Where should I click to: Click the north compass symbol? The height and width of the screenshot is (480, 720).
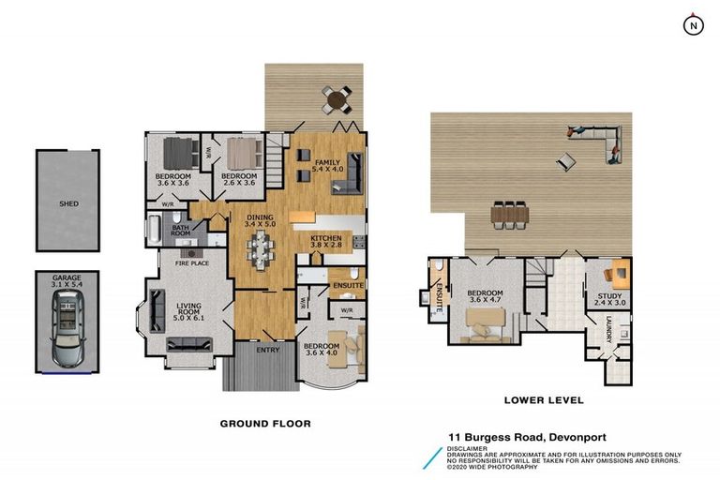click(x=692, y=25)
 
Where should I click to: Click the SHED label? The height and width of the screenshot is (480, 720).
click(x=68, y=202)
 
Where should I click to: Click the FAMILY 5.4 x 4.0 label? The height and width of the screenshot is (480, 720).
click(x=328, y=166)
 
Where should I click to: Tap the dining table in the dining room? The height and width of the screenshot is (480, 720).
click(x=261, y=248)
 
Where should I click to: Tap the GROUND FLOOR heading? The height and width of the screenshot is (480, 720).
click(x=265, y=424)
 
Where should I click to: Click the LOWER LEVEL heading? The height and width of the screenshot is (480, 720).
click(x=544, y=400)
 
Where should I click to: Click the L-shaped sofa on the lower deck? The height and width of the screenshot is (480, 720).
click(x=600, y=139)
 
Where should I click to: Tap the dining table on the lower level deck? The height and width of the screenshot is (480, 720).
click(x=509, y=215)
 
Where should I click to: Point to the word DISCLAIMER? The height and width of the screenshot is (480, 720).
click(x=469, y=448)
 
